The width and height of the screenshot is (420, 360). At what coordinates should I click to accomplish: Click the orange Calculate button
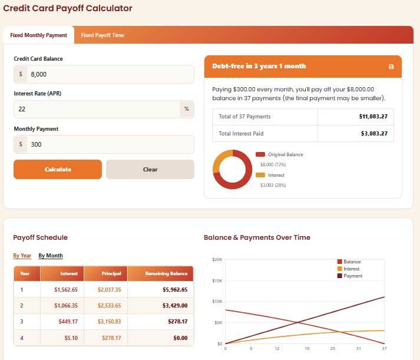tap(58, 169)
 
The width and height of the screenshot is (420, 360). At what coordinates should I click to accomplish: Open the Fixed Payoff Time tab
tap(102, 35)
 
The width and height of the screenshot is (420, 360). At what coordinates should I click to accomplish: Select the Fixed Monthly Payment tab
tap(38, 35)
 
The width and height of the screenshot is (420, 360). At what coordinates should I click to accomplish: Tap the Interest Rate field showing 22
tap(97, 109)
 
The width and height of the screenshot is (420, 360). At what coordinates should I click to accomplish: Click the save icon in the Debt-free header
tap(391, 67)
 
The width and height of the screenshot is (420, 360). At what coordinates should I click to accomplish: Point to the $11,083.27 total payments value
tap(373, 117)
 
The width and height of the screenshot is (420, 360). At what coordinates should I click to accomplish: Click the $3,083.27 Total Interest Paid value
tap(374, 133)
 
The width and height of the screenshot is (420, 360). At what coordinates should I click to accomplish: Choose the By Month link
tap(51, 256)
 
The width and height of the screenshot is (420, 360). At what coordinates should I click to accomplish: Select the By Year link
tap(22, 256)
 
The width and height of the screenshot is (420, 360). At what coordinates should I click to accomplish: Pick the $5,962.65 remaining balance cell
tap(175, 289)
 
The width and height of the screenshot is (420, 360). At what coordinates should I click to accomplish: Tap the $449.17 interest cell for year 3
tap(68, 322)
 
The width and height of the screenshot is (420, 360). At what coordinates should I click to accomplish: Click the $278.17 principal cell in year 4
tap(111, 338)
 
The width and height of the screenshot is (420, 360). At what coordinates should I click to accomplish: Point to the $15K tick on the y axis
tap(217, 280)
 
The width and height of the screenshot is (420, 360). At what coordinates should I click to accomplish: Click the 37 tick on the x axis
tap(384, 348)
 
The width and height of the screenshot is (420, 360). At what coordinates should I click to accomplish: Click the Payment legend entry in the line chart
tap(350, 276)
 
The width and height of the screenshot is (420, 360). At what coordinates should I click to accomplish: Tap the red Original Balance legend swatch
tap(260, 154)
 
